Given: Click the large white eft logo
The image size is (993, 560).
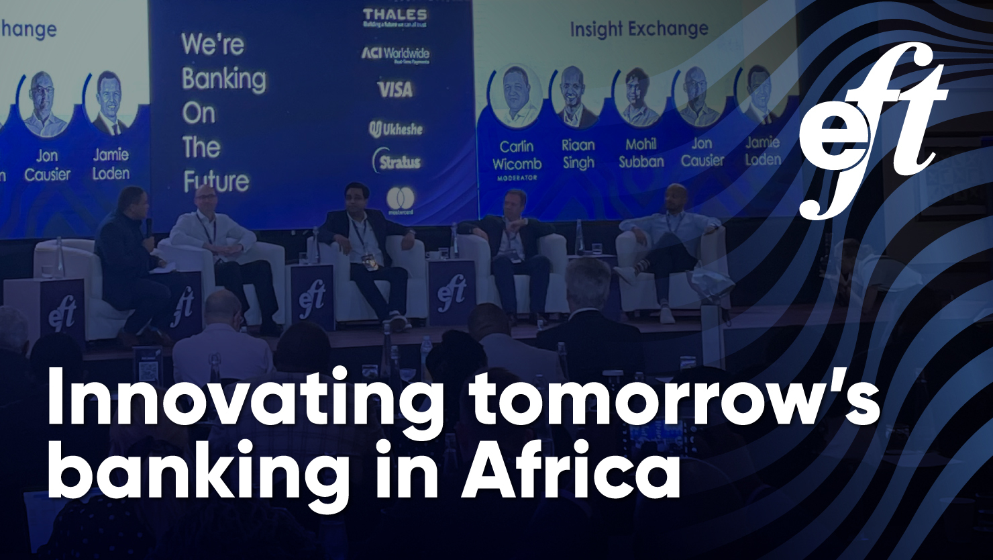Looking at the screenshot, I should point(872,131).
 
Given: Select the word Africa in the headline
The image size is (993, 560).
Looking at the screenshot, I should point(570,471).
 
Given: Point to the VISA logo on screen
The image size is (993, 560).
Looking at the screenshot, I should point(395,89).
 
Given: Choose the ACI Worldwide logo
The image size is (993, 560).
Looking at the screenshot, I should point(395,54).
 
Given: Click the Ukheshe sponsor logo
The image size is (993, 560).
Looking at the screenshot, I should point(396,129).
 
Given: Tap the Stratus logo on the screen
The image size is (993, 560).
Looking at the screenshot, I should point(397,161).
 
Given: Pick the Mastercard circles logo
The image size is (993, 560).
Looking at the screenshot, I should point(400,199).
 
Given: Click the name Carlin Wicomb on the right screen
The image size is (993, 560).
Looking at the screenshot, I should point(517,155).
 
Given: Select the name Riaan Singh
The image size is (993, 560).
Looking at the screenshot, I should point(578,154).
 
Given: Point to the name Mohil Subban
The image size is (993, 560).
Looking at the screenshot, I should point(641,153).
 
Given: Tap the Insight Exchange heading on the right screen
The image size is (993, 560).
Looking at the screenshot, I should point(639,29).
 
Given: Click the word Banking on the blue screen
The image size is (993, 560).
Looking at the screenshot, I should point(223,79).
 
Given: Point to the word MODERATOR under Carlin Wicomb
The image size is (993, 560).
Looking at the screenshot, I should point(517,179).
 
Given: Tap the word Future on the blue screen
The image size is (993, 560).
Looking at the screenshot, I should point(215,182).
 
